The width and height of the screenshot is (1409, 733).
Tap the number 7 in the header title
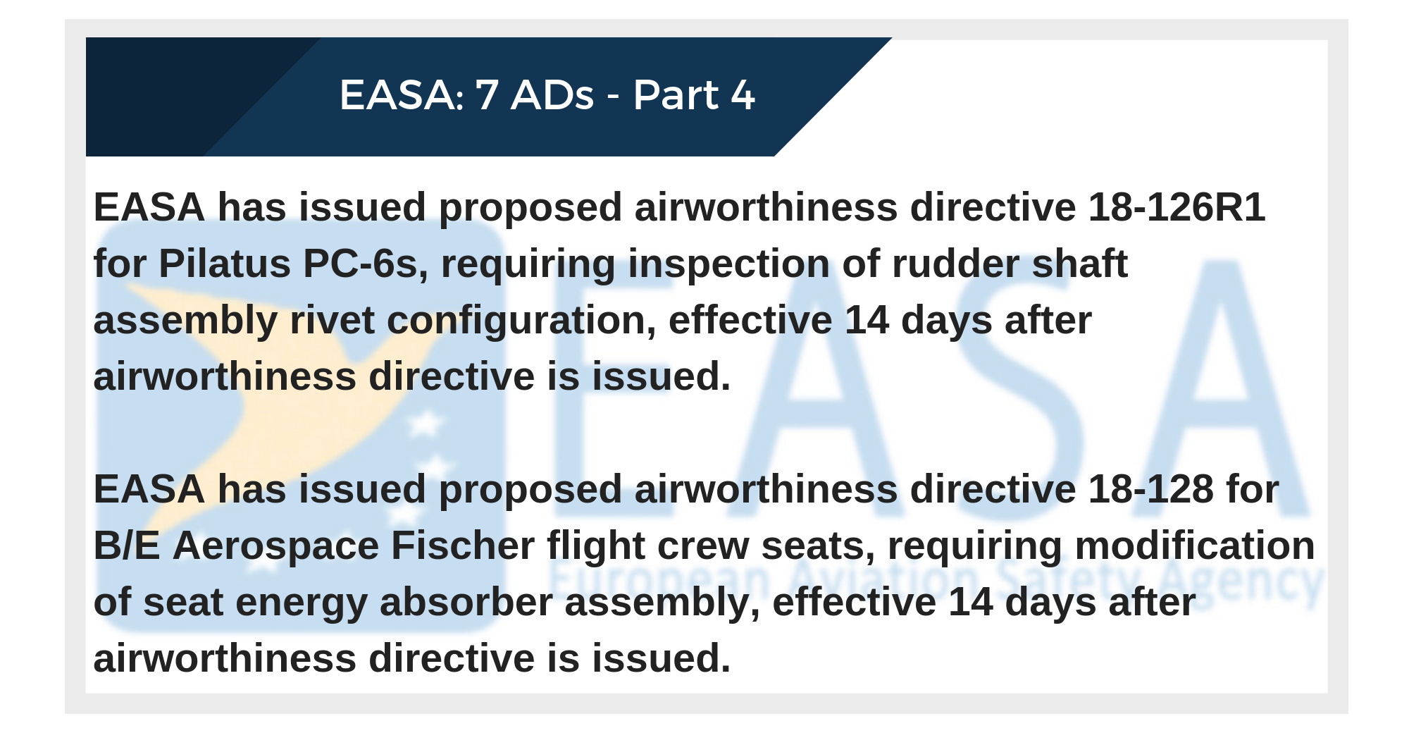(488, 95)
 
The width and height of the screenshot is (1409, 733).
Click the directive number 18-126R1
(1177, 207)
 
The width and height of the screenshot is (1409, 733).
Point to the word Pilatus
(225, 264)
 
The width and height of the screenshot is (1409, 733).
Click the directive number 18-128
(1151, 489)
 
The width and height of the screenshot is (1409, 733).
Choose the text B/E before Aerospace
(127, 546)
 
